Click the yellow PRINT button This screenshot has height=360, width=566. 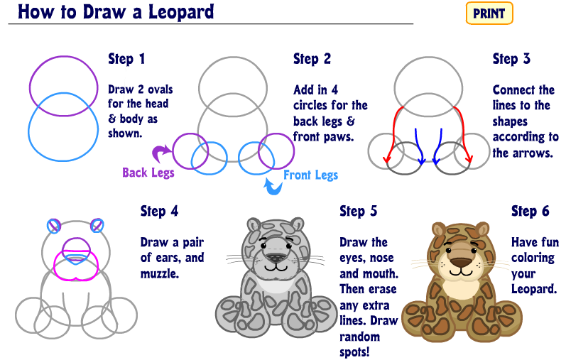(489, 13)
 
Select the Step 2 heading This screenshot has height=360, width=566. (312, 59)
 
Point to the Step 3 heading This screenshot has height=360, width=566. (511, 59)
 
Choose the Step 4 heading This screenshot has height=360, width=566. (159, 211)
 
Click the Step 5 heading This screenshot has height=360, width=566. (359, 211)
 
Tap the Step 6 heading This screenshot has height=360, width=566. (530, 211)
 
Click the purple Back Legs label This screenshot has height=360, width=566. (148, 173)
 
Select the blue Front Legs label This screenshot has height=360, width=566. (310, 175)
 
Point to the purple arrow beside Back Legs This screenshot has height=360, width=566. (163, 151)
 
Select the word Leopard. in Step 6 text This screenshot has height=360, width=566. (534, 290)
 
